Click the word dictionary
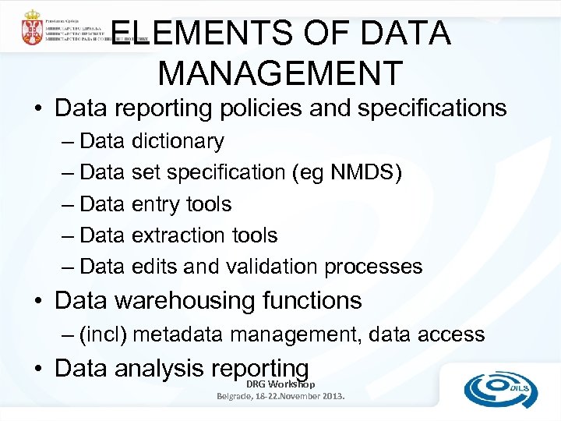coord(178,142)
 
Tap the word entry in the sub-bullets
coord(156,204)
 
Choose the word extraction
coord(181,235)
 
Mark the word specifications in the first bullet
coord(427,108)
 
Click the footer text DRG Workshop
coord(280,384)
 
